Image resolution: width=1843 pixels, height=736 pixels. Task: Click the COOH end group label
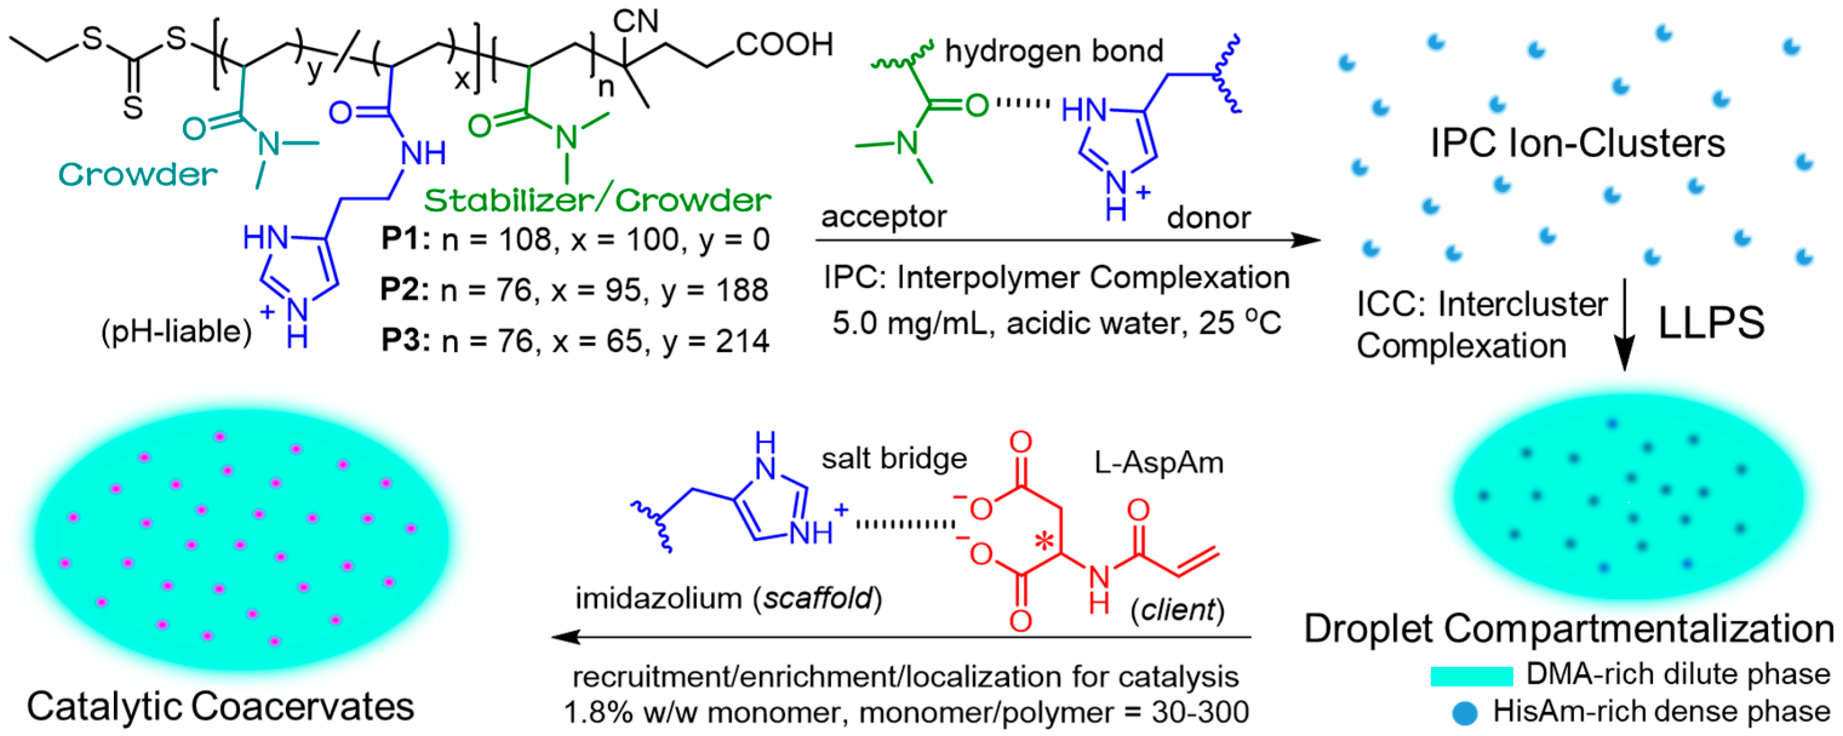(x=784, y=45)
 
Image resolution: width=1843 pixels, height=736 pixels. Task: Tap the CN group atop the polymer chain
(x=635, y=21)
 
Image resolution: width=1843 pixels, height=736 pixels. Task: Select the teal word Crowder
(x=137, y=174)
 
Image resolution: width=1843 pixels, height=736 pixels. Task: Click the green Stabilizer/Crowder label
(x=597, y=201)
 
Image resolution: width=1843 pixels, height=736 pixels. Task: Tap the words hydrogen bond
(x=1054, y=51)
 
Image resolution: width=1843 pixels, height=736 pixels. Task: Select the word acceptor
(x=884, y=217)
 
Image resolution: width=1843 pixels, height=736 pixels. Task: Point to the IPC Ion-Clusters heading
(x=1577, y=144)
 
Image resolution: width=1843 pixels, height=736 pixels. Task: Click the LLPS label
(x=1710, y=323)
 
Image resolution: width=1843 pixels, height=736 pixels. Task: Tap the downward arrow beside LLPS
(x=1624, y=325)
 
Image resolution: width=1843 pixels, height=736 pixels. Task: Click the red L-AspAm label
(x=1159, y=463)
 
